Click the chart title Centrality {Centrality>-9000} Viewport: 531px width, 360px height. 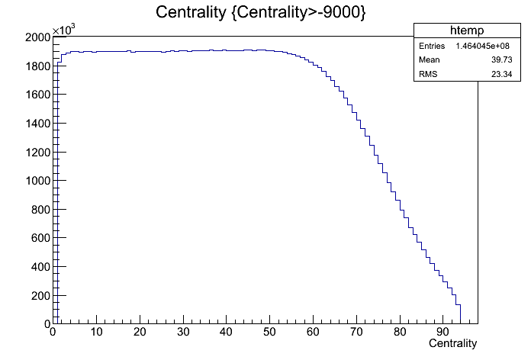(x=259, y=13)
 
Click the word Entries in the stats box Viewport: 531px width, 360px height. (x=431, y=47)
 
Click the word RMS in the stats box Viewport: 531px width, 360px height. (x=429, y=74)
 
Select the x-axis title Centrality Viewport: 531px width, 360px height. (x=452, y=344)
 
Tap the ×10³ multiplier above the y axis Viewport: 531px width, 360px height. (x=63, y=29)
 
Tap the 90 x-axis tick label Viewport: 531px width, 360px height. (x=443, y=332)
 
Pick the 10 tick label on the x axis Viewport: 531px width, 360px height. (x=95, y=332)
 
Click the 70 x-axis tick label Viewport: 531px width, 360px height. (x=356, y=332)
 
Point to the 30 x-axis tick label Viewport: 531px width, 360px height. (x=182, y=332)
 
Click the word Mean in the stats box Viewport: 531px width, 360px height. (x=430, y=60)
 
